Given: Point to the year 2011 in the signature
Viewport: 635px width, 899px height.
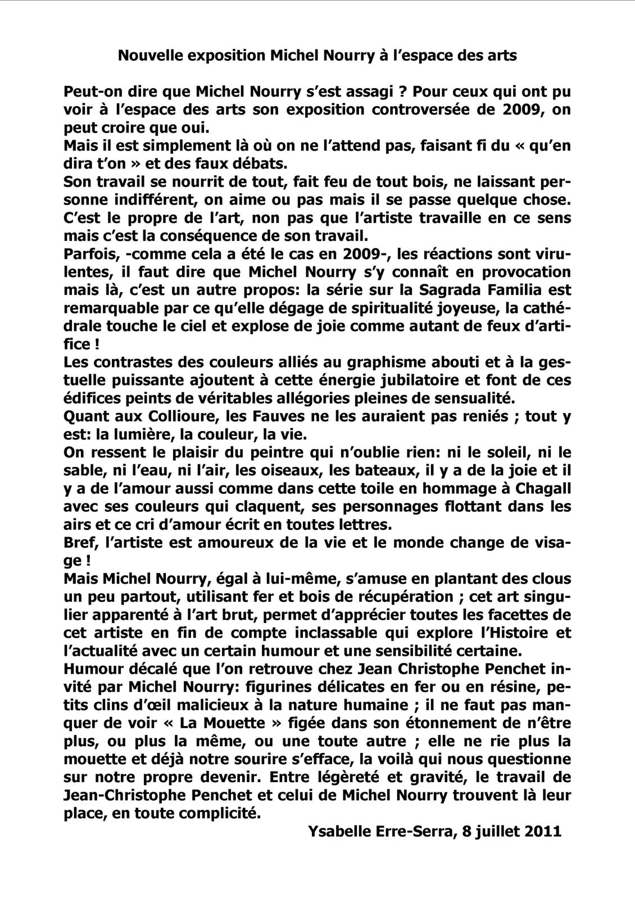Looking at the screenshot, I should coord(542,832).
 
